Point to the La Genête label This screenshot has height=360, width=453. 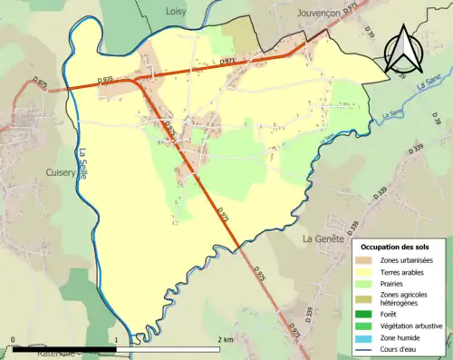click(319, 238)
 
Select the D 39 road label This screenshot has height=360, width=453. click(370, 32)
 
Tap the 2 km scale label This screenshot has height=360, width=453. click(226, 339)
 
